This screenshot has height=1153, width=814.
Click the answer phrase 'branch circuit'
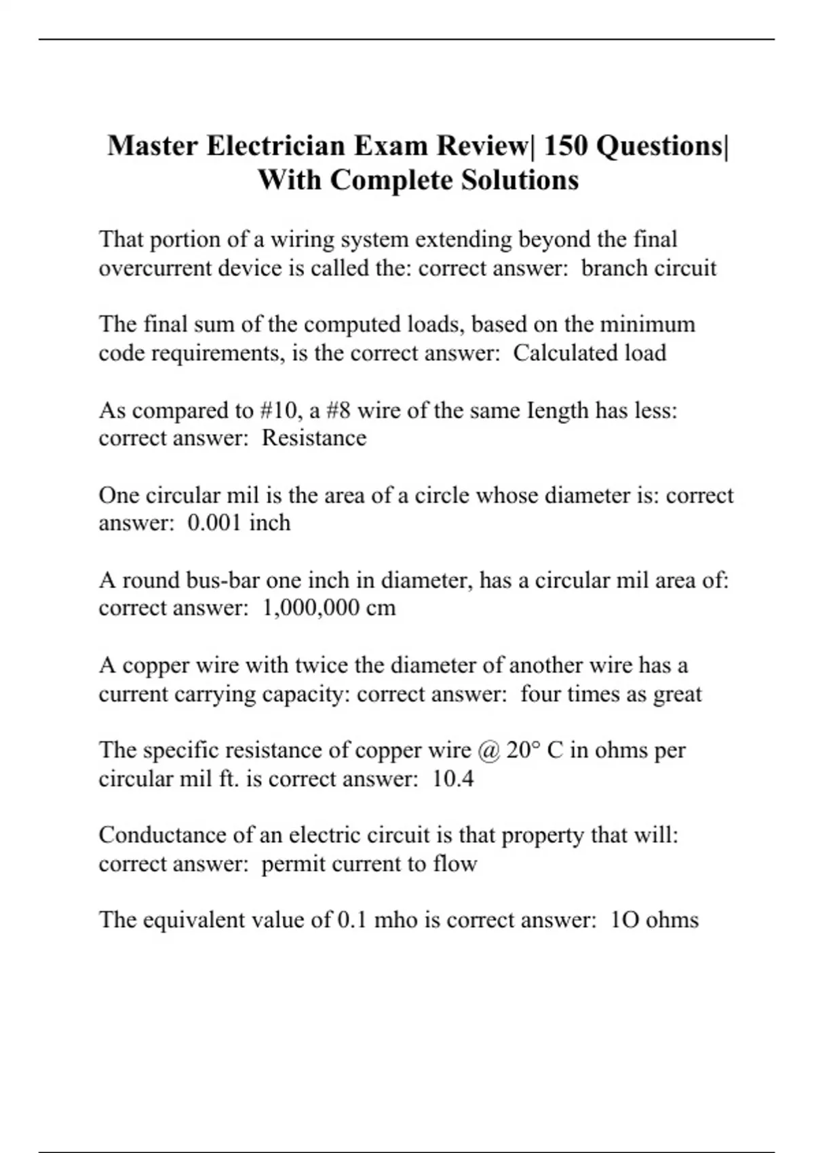[648, 269]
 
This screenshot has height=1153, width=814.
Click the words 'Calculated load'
[589, 353]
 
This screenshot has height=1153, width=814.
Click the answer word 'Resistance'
[314, 438]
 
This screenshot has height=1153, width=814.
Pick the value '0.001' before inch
[215, 523]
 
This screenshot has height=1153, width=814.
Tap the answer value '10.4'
[452, 779]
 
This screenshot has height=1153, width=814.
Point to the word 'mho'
[395, 920]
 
